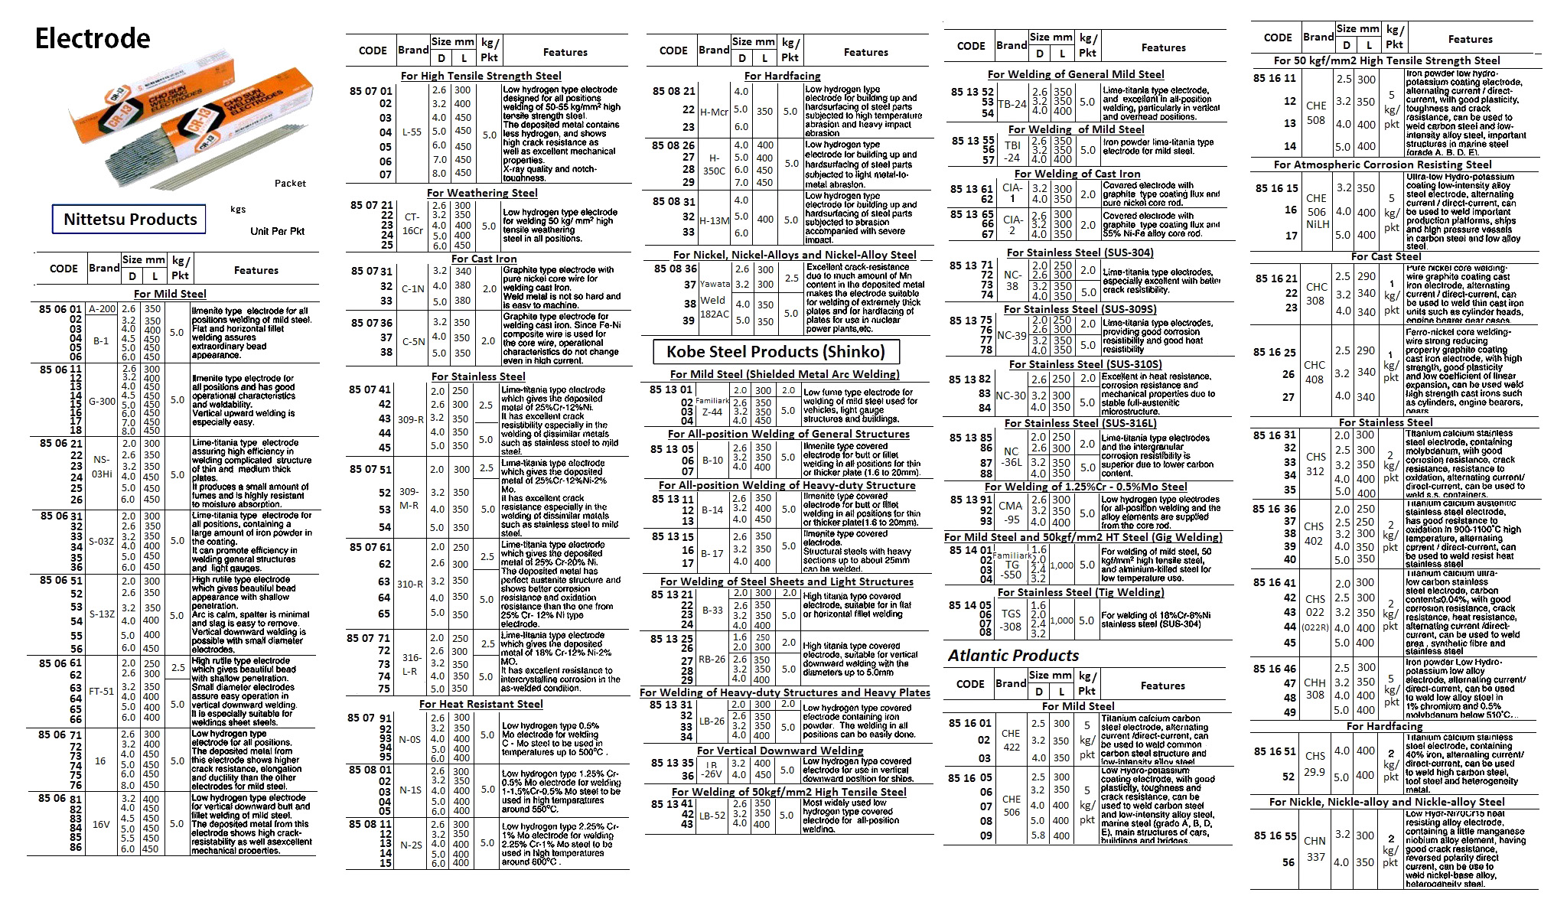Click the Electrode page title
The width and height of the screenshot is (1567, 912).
(93, 38)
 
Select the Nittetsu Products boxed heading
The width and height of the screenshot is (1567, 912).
(130, 220)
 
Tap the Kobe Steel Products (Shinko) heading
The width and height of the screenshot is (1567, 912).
(775, 352)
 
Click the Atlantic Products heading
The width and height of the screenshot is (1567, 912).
(1013, 656)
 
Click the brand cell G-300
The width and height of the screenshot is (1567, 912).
(102, 401)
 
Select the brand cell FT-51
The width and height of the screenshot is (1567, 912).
(101, 691)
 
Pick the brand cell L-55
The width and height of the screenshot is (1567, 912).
(412, 132)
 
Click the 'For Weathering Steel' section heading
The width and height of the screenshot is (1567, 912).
(482, 194)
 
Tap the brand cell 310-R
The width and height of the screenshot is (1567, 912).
(410, 584)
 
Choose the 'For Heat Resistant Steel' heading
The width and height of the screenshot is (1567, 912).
(481, 705)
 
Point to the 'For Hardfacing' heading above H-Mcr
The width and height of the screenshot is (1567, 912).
(782, 76)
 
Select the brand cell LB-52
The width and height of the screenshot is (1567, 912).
(712, 816)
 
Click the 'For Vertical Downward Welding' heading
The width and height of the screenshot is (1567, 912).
(780, 751)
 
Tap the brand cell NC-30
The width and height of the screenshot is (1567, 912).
(1011, 396)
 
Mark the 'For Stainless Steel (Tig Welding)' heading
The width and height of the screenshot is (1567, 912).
(1080, 593)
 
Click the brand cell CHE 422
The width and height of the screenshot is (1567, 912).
(1011, 740)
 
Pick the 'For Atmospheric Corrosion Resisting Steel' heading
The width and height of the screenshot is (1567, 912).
(1383, 164)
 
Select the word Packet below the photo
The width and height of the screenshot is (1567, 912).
(290, 184)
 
